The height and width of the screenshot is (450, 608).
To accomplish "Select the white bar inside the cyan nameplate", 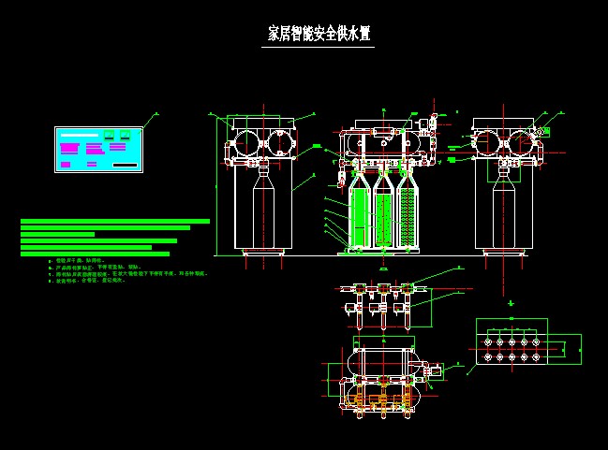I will coord(81,136).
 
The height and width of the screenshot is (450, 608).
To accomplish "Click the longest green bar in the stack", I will coord(115,222).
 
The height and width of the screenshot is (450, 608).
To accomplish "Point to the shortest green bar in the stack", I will coord(57,234).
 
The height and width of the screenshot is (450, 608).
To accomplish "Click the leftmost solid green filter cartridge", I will coord(359,217).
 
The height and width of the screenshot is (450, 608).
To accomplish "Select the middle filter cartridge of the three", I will coord(382,217).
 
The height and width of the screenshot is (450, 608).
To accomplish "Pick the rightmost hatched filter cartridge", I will coord(407,217).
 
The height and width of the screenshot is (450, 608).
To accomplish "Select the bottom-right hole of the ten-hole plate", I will coord(536,356).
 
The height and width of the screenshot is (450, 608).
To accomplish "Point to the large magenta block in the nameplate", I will coord(69,148).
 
